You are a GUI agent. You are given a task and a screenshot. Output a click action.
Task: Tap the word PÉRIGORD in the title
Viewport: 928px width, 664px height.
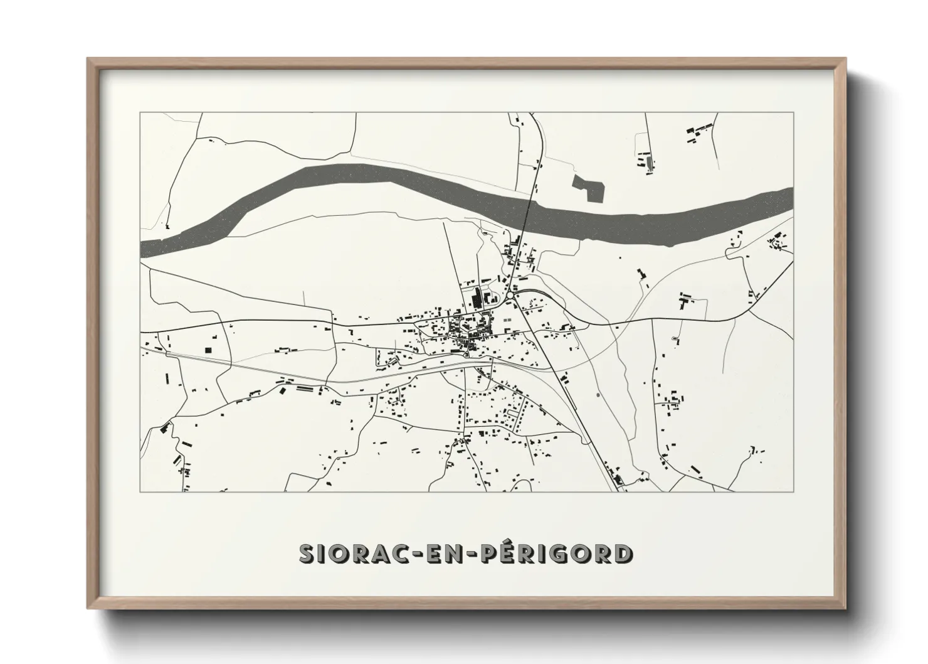pyautogui.click(x=557, y=554)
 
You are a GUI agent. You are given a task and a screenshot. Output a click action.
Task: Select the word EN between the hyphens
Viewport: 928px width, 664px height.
pyautogui.click(x=443, y=554)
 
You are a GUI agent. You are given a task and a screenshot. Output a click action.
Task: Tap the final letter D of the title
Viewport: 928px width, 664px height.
pyautogui.click(x=623, y=554)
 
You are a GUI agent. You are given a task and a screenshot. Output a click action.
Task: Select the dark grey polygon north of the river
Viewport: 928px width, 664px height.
pyautogui.click(x=589, y=186)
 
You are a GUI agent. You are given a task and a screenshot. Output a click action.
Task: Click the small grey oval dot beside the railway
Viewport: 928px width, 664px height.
pyautogui.click(x=598, y=395)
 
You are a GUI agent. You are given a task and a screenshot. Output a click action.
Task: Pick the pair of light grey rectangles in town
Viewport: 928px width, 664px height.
pyautogui.click(x=506, y=319)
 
